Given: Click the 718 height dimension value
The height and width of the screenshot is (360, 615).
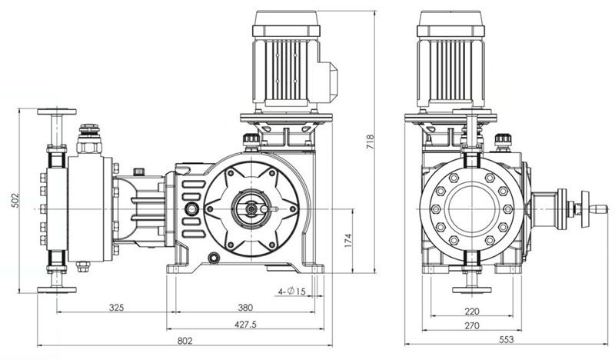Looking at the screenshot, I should click(x=370, y=142).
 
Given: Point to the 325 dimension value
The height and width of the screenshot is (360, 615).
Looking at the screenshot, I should click(x=117, y=308).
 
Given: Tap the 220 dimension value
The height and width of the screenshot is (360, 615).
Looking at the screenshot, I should click(x=472, y=312).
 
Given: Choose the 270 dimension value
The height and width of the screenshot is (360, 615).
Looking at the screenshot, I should click(x=472, y=326).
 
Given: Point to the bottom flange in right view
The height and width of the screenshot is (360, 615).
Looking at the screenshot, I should click(x=471, y=290).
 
